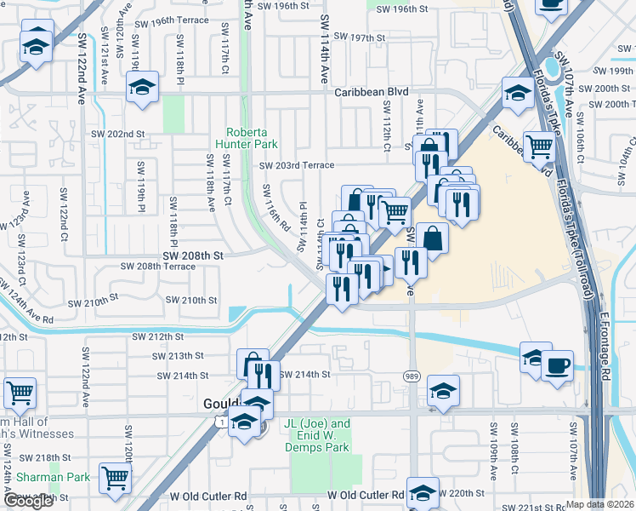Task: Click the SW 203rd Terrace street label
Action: tap(297, 166)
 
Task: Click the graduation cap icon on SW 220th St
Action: tap(423, 491)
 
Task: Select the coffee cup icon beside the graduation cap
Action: tap(557, 366)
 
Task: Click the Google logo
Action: tap(28, 501)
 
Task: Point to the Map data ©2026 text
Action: tap(600, 504)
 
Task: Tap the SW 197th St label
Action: tap(360, 38)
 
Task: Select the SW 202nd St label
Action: tap(118, 135)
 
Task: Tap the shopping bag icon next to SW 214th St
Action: tap(253, 363)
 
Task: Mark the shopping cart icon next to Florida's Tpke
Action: tap(540, 146)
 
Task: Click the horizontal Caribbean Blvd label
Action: tap(371, 92)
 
